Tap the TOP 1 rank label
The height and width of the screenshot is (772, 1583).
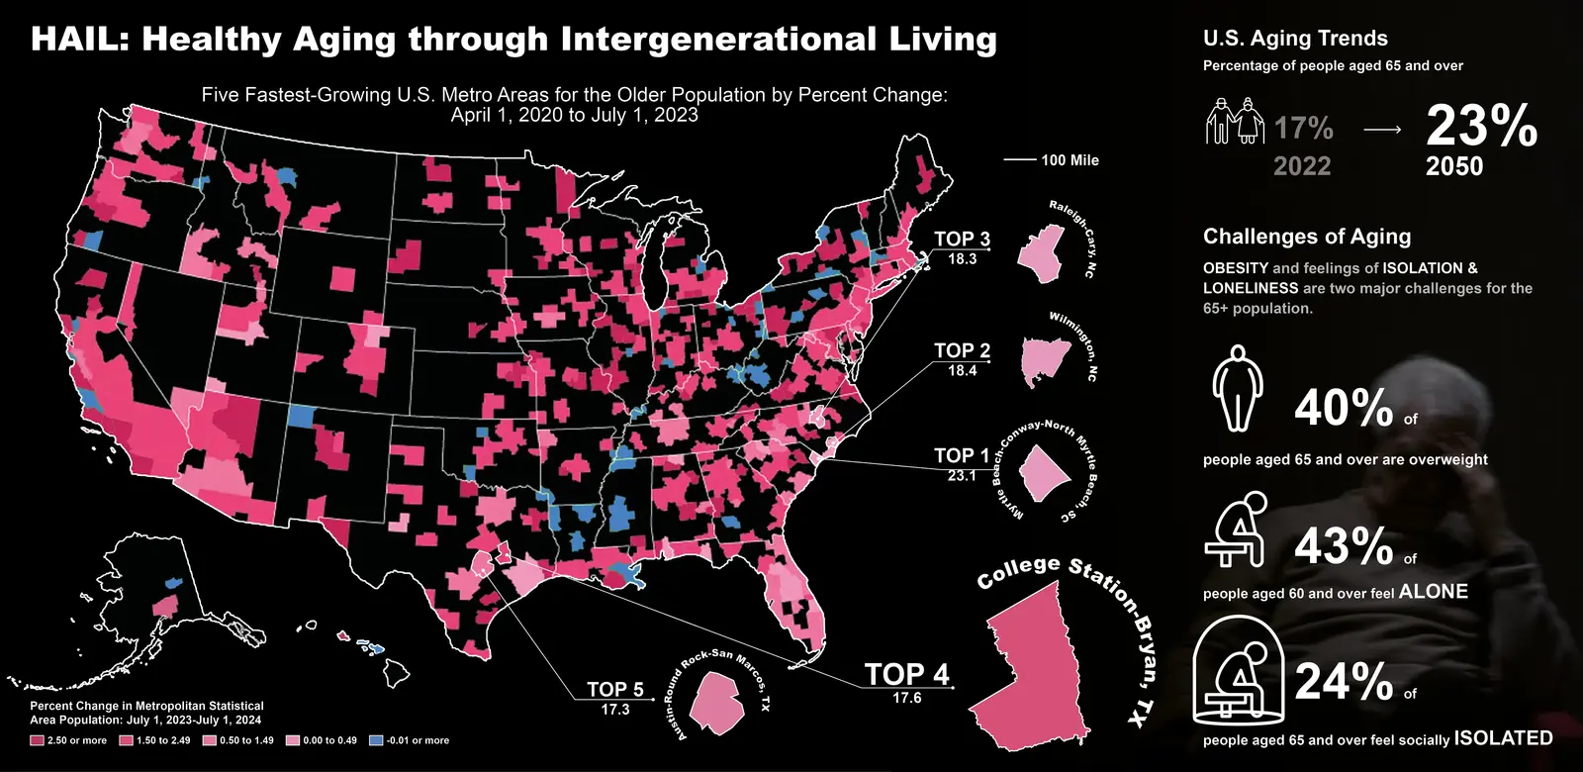click(x=962, y=455)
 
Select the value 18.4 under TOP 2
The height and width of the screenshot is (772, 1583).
click(x=962, y=370)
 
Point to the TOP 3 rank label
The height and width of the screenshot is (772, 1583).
click(x=962, y=239)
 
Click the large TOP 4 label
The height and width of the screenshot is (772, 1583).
click(x=906, y=674)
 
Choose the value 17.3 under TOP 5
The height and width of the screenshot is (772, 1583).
click(x=614, y=710)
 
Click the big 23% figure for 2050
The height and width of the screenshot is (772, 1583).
click(x=1481, y=127)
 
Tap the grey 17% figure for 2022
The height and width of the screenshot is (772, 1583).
click(x=1303, y=129)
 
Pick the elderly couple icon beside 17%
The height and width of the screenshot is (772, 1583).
click(x=1234, y=121)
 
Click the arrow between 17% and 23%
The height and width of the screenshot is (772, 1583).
click(x=1381, y=130)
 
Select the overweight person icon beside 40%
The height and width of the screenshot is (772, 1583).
click(x=1237, y=388)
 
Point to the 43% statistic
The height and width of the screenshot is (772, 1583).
click(x=1344, y=545)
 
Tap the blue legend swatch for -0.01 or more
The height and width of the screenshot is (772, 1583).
click(x=376, y=740)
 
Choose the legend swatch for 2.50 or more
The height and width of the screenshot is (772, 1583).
click(x=38, y=740)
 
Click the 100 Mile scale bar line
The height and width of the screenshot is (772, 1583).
click(x=1019, y=160)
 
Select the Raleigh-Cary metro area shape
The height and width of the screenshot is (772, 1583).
click(x=1045, y=252)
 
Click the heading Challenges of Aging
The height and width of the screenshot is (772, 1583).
click(x=1307, y=237)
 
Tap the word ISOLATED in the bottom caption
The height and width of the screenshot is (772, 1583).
click(x=1503, y=738)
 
